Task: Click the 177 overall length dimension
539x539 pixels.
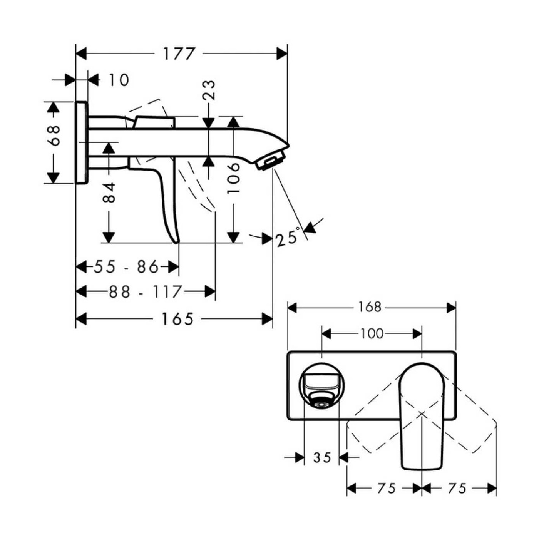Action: pos(179,54)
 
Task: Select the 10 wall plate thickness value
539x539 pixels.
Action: pos(119,80)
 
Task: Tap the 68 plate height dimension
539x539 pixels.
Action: pos(54,136)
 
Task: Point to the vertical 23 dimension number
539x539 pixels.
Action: pos(209,90)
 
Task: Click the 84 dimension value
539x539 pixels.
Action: pos(109,192)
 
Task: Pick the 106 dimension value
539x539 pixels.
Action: pos(233,178)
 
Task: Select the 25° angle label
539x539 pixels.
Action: pos(288,237)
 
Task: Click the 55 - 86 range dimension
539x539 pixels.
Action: pos(126,266)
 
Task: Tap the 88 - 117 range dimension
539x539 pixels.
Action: pos(145,292)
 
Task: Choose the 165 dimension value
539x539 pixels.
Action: pos(177,319)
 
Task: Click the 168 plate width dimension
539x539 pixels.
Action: pos(370,307)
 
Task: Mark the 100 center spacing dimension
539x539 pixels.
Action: pos(372,333)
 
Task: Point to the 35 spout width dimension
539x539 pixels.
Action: pos(322,457)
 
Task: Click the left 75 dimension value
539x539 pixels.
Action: pos(386,489)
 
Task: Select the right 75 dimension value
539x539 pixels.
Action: pos(457,489)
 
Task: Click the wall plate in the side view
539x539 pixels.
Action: pos(81,142)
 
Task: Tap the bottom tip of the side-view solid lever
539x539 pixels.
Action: pos(177,242)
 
